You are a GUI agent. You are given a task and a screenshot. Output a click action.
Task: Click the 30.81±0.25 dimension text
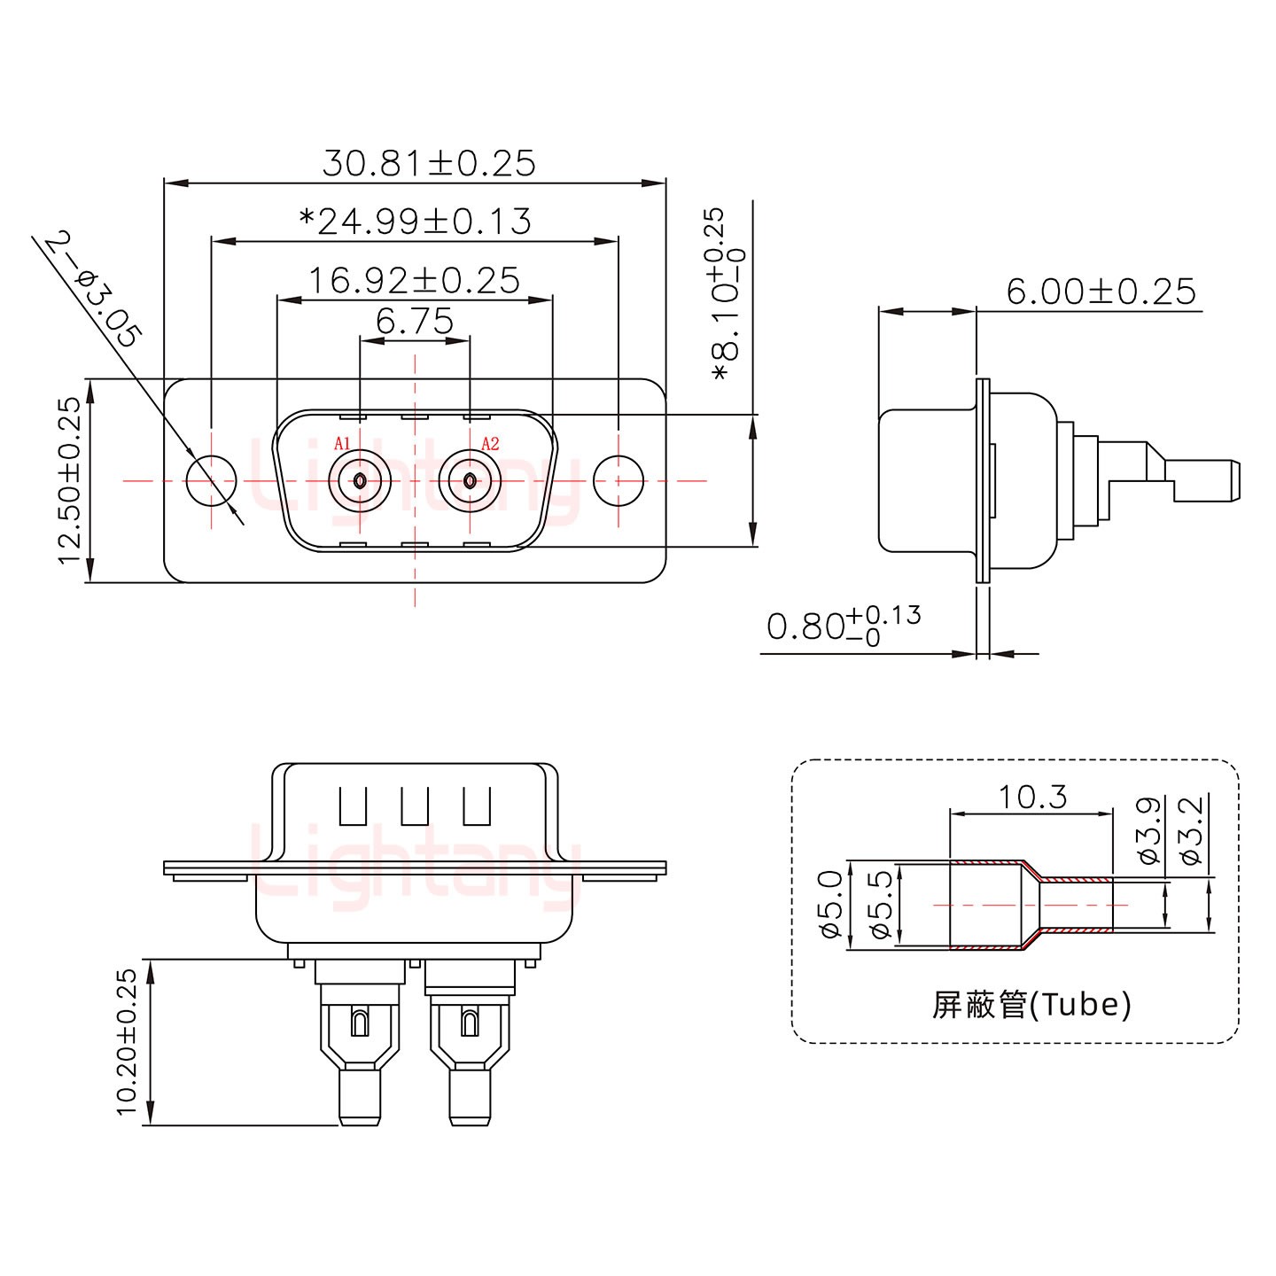tap(429, 163)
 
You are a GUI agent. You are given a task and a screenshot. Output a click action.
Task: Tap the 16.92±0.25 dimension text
tap(414, 281)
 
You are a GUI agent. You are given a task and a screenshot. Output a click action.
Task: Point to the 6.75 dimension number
tap(415, 321)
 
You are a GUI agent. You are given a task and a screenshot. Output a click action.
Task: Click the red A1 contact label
tap(343, 443)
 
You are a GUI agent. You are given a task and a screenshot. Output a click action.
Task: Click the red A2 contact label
tap(490, 443)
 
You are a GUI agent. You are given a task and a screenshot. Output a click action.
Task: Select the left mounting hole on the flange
tap(212, 481)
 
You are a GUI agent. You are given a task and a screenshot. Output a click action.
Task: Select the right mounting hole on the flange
tap(619, 481)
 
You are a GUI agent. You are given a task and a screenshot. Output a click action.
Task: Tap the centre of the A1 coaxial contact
tap(360, 481)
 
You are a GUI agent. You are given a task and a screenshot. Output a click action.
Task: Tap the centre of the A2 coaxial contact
tap(470, 481)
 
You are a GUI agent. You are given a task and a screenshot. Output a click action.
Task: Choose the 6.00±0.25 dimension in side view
tap(1101, 291)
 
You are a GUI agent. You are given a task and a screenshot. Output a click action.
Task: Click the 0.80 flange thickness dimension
tap(842, 625)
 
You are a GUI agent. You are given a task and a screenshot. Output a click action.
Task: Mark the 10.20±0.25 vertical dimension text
tap(128, 1041)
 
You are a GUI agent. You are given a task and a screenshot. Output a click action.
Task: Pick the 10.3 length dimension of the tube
tap(1032, 797)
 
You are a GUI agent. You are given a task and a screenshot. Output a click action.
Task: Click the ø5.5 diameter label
tap(881, 906)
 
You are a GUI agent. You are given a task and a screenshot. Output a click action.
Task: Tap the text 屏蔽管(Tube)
tap(1031, 1004)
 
